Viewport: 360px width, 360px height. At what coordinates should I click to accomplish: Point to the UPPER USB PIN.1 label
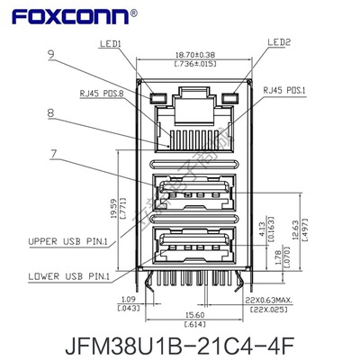point(68,240)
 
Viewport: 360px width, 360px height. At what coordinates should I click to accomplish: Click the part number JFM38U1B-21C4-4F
point(180,343)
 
